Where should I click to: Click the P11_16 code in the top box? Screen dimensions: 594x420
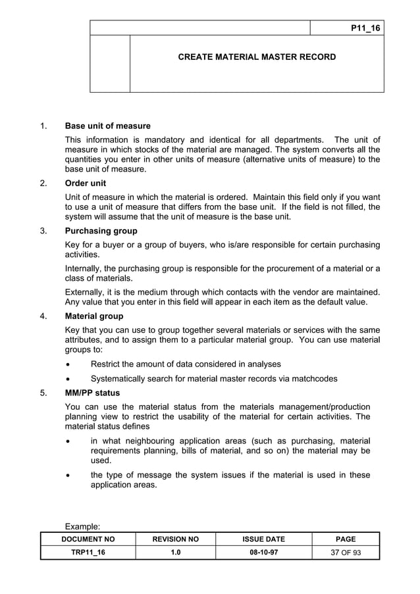[365, 28]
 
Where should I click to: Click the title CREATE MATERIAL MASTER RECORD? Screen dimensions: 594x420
[257, 57]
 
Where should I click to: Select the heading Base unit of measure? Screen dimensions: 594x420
[107, 126]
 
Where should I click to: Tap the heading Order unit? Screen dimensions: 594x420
[86, 183]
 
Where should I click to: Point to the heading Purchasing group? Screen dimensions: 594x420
[101, 231]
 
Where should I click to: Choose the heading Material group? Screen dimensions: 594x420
[94, 316]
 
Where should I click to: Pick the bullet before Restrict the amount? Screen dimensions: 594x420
[69, 364]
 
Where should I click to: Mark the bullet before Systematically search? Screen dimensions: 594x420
[69, 379]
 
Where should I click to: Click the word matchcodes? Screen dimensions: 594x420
[314, 379]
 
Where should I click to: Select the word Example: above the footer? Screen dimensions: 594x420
[82, 526]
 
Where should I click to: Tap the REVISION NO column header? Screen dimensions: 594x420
[176, 539]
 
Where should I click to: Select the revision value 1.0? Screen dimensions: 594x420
[176, 553]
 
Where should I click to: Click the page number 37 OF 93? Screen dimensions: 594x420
[345, 553]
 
